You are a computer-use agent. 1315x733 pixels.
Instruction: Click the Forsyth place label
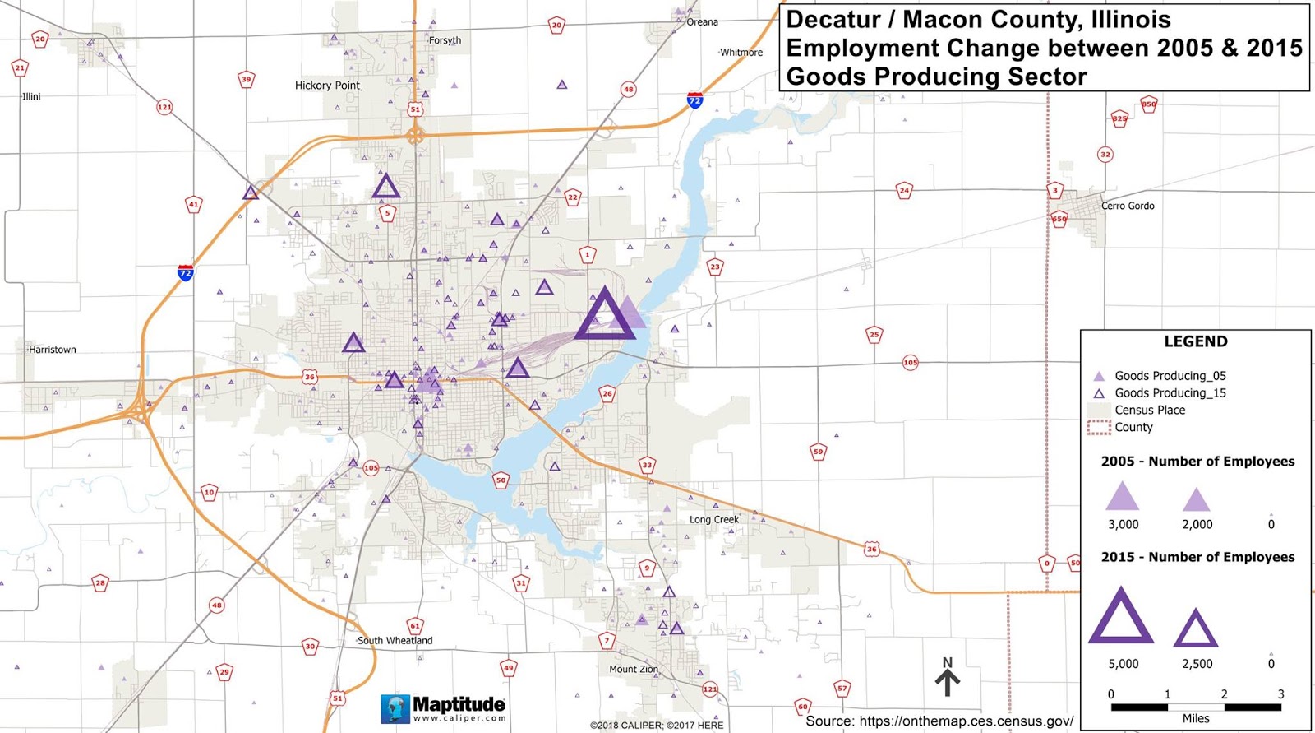pyautogui.click(x=445, y=40)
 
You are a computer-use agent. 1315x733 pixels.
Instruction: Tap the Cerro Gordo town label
pyautogui.click(x=1128, y=206)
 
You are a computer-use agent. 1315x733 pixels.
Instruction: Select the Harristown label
pyautogui.click(x=53, y=350)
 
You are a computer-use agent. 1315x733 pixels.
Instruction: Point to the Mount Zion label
pyautogui.click(x=634, y=669)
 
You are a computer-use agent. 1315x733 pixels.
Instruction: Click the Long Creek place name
pyautogui.click(x=714, y=519)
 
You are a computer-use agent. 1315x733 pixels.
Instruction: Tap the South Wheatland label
pyautogui.click(x=394, y=640)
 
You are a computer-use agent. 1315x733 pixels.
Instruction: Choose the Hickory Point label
pyautogui.click(x=327, y=86)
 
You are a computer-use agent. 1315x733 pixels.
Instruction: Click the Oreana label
pyautogui.click(x=702, y=22)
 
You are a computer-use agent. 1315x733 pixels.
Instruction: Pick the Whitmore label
pyautogui.click(x=741, y=53)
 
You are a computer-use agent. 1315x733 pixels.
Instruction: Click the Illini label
pyautogui.click(x=31, y=96)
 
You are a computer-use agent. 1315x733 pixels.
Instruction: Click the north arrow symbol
pyautogui.click(x=947, y=678)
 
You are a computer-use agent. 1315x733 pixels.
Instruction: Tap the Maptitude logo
pyautogui.click(x=444, y=707)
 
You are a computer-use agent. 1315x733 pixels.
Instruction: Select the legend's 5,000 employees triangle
pyautogui.click(x=1121, y=617)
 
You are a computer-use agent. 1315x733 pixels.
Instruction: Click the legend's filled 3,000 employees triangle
pyautogui.click(x=1122, y=497)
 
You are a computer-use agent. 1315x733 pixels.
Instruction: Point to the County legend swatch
pyautogui.click(x=1099, y=428)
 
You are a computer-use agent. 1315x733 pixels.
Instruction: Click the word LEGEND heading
pyautogui.click(x=1196, y=341)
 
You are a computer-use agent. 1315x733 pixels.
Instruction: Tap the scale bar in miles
pyautogui.click(x=1196, y=707)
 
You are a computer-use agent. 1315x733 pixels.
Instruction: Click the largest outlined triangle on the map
pyautogui.click(x=605, y=315)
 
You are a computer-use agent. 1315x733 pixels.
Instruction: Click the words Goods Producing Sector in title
pyautogui.click(x=936, y=77)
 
